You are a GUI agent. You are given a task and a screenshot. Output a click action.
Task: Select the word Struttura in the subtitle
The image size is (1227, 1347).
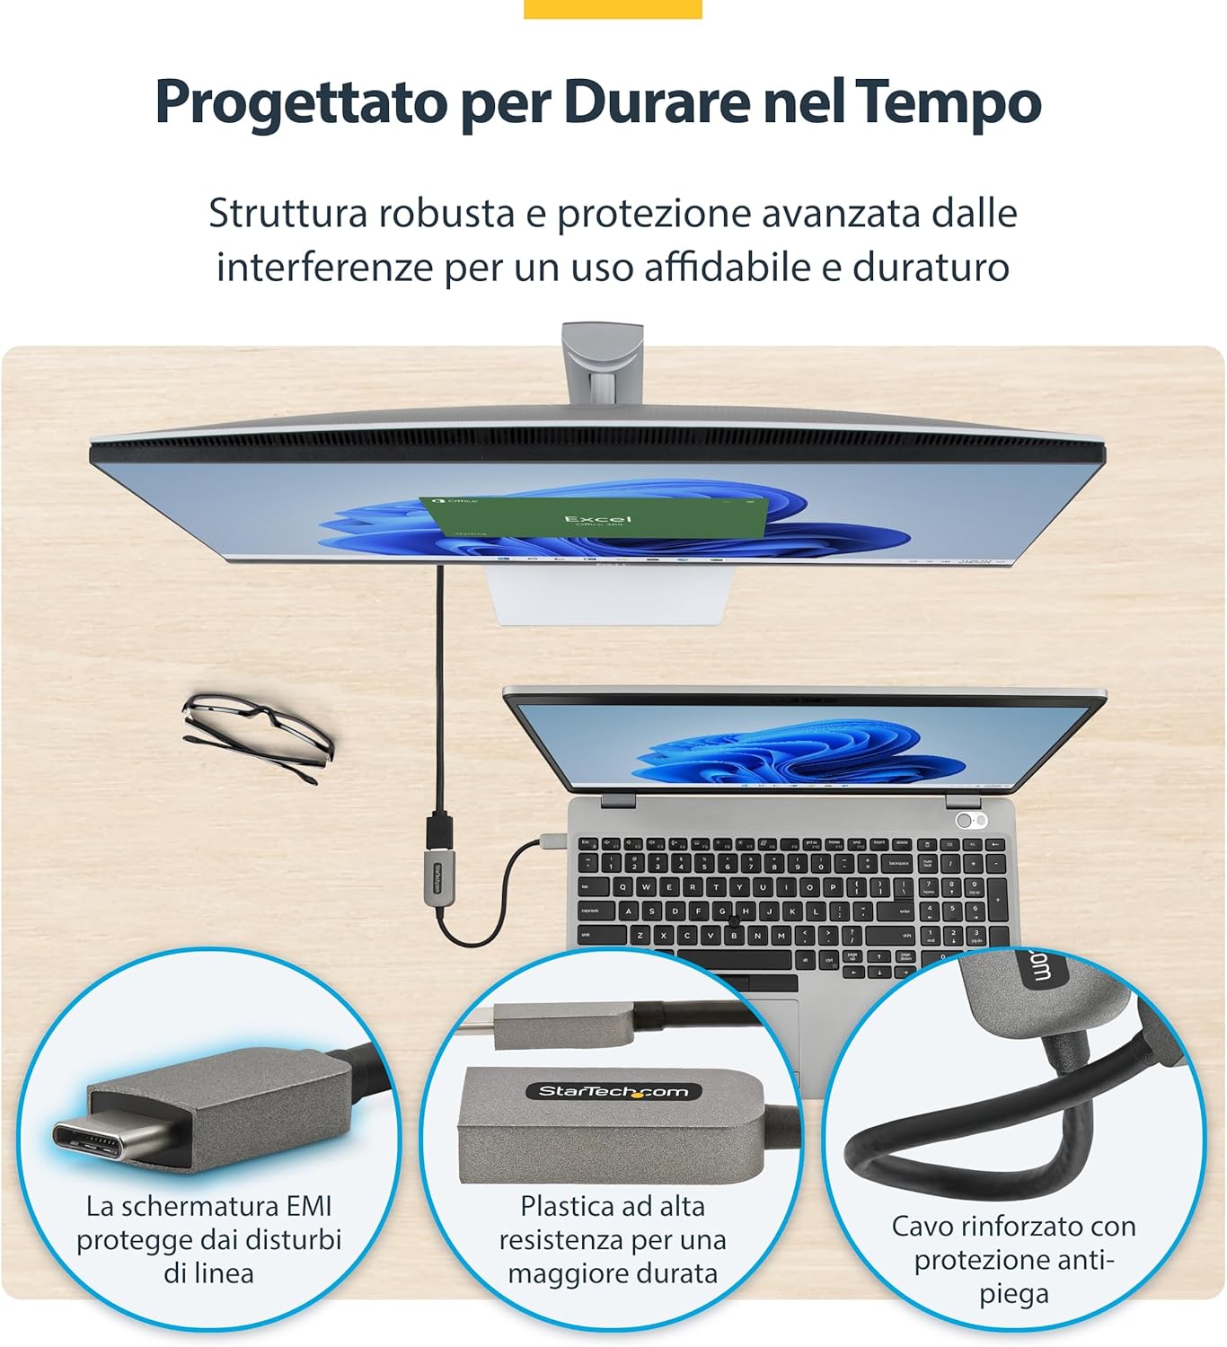pos(288,214)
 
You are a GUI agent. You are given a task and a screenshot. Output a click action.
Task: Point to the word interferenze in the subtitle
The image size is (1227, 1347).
pos(324,267)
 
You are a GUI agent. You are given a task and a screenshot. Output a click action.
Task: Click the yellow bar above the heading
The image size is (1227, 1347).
pos(613,9)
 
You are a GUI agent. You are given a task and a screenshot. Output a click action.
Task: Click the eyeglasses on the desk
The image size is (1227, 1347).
pos(257,734)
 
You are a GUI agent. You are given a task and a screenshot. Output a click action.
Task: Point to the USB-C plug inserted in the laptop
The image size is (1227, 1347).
pos(551,841)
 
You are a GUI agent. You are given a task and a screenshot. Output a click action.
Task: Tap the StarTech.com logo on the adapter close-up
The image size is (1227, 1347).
pos(613,1091)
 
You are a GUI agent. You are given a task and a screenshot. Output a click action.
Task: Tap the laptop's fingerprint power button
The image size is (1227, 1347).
pos(965,820)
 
